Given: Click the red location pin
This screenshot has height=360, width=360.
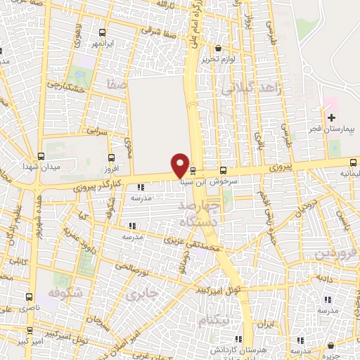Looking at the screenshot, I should [x=181, y=165].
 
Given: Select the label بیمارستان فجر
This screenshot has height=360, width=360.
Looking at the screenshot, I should [x=333, y=130].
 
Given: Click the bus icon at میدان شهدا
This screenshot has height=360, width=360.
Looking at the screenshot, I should [x=40, y=156].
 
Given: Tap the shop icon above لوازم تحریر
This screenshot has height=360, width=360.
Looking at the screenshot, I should [x=219, y=48].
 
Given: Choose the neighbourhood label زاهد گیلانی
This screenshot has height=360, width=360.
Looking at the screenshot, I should [x=252, y=88].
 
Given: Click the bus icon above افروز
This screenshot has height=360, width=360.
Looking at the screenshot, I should [x=111, y=158].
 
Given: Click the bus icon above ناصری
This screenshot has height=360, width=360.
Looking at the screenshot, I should [x=29, y=297].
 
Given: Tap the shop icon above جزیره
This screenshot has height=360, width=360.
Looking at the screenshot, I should [x=331, y=345].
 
